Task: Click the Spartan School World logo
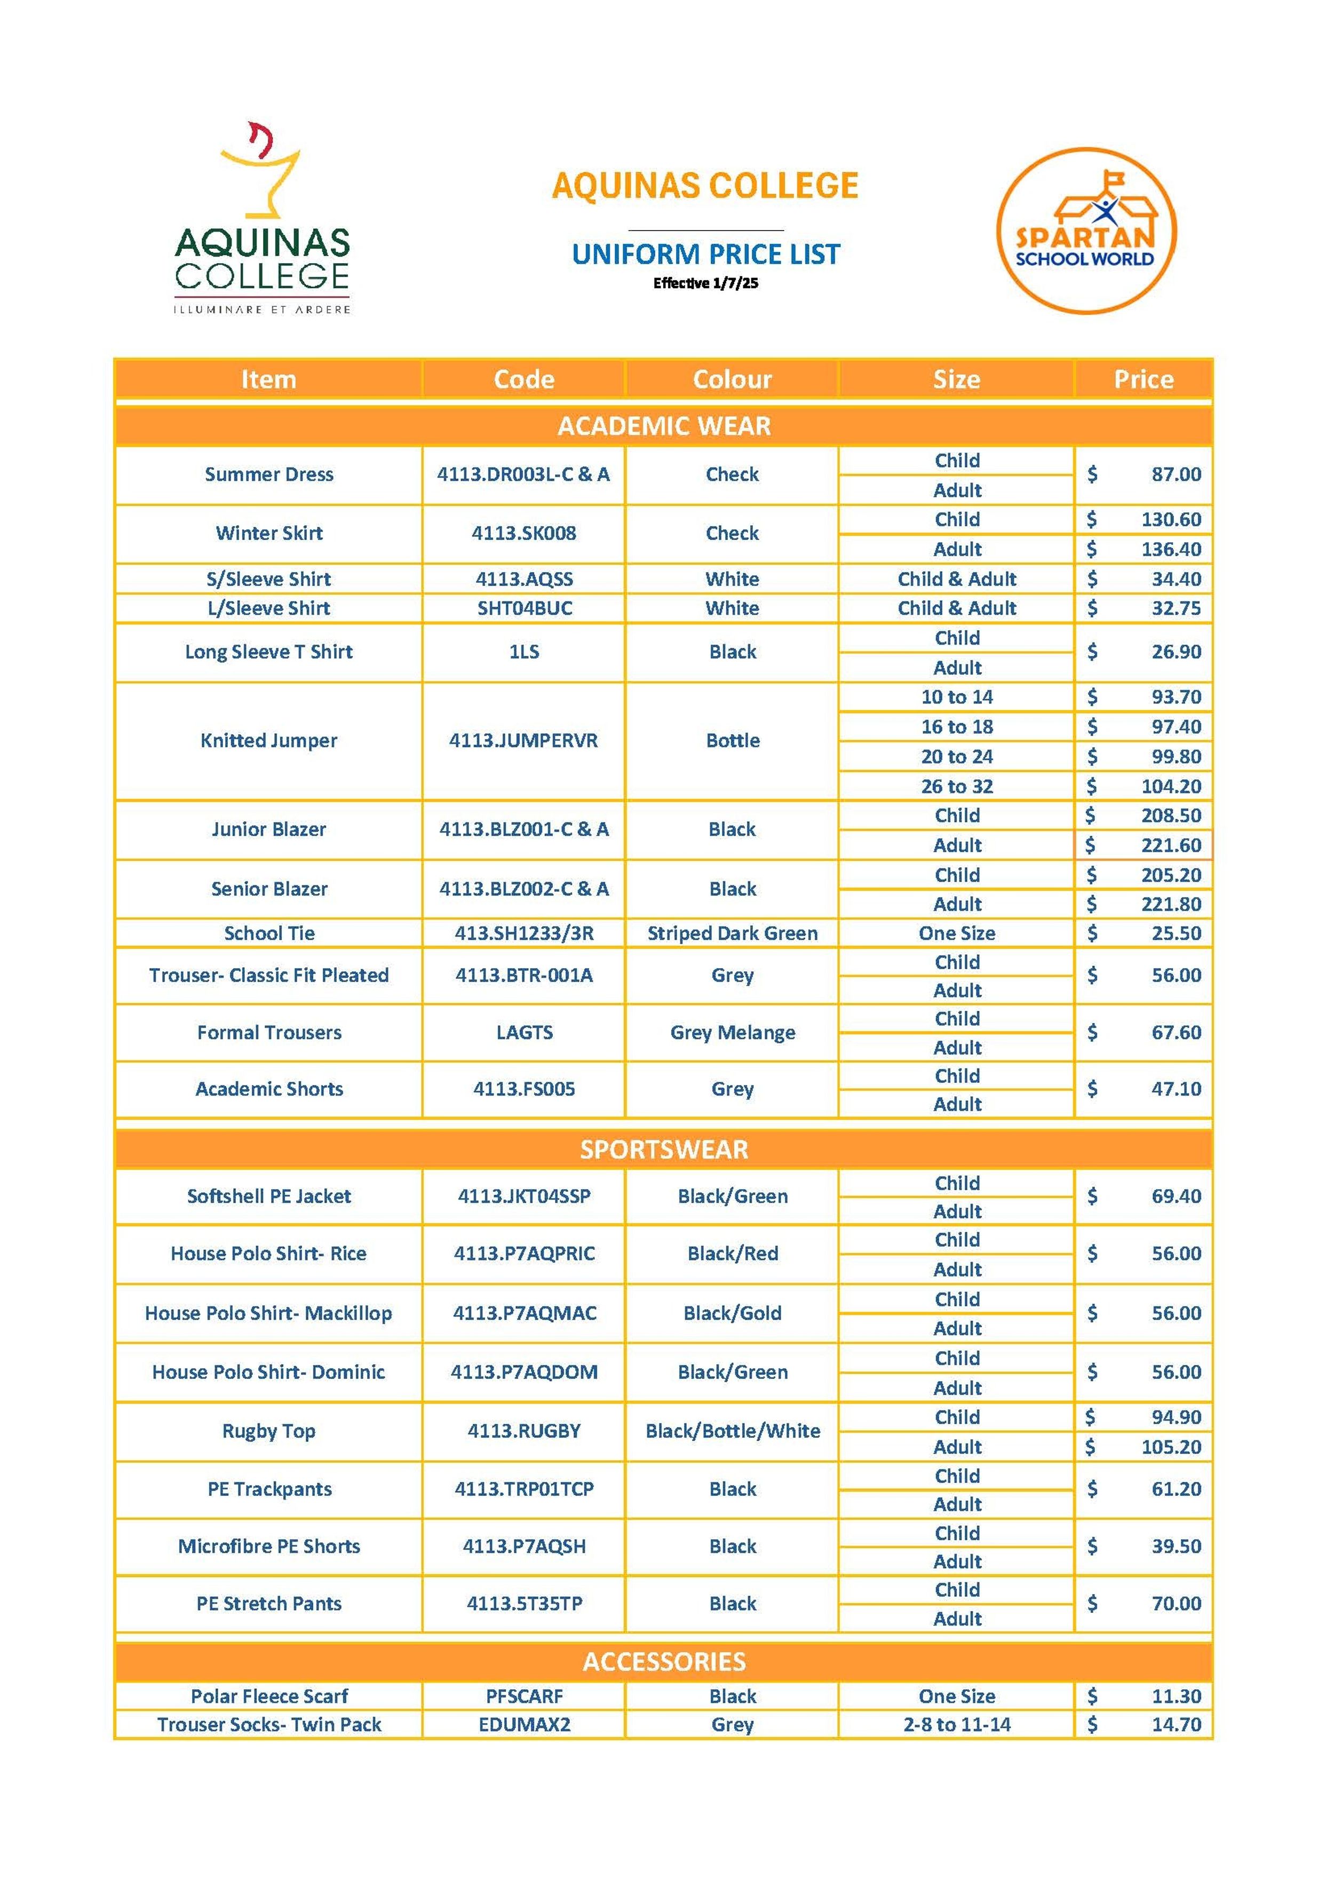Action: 1086,231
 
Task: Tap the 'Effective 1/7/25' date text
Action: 705,283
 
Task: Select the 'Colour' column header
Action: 732,379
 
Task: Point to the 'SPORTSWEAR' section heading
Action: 664,1149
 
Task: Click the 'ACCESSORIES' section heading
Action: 664,1662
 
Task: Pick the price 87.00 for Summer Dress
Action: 1176,475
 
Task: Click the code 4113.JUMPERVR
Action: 523,741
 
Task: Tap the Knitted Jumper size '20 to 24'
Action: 957,757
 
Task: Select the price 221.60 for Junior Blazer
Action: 1171,845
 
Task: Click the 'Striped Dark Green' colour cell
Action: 732,933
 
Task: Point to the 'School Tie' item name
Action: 269,933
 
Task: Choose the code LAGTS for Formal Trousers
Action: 524,1033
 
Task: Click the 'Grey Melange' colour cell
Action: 732,1033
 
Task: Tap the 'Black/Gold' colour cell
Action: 732,1313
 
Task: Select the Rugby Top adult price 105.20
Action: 1171,1447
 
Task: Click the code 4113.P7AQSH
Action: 524,1547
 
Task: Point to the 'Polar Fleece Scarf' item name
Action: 269,1696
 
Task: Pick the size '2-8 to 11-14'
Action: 957,1725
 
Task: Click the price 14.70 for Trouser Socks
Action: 1176,1725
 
